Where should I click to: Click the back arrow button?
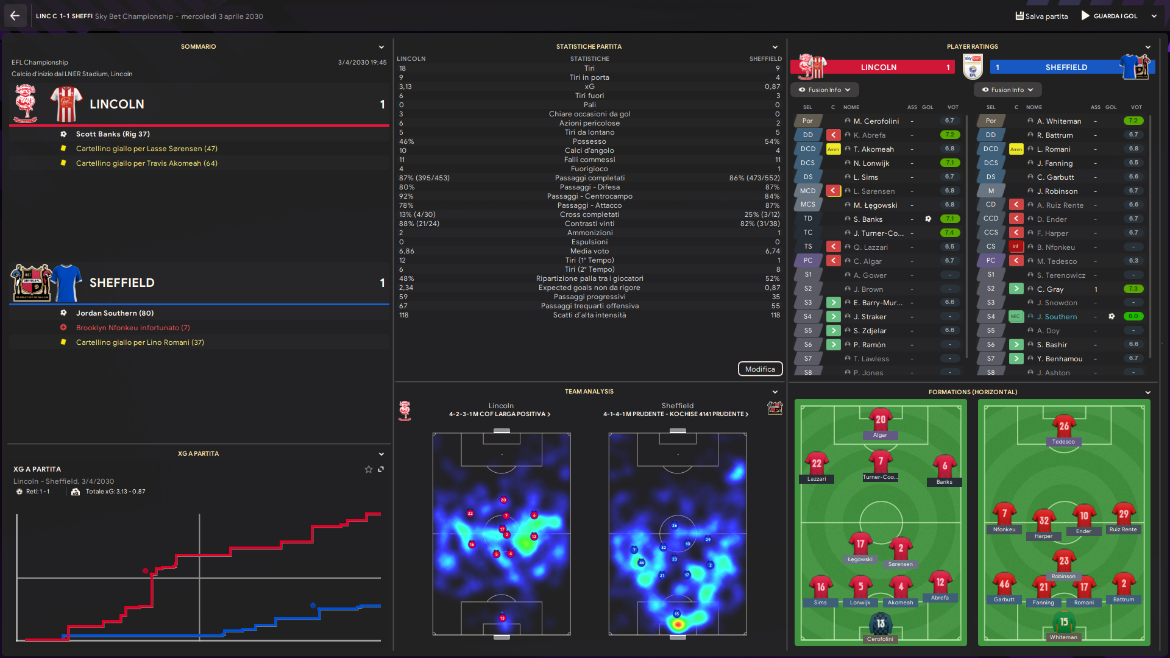(x=15, y=16)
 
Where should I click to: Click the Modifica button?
(x=760, y=369)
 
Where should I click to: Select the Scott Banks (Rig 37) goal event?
(x=113, y=134)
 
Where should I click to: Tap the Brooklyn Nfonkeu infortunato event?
(x=133, y=328)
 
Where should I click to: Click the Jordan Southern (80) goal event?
(x=115, y=313)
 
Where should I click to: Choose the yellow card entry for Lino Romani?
(x=140, y=342)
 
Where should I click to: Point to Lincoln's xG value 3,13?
(x=405, y=87)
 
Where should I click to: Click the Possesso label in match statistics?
(x=589, y=141)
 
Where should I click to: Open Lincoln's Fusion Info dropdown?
(x=824, y=90)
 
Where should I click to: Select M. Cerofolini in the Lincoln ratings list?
(x=876, y=121)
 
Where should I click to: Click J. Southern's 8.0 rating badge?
(x=1133, y=316)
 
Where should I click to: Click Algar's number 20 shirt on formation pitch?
(x=881, y=420)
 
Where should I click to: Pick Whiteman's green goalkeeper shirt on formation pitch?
(x=1063, y=623)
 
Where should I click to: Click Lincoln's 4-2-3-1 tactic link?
(x=499, y=414)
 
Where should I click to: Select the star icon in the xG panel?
(x=368, y=469)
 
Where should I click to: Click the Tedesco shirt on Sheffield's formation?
(x=1063, y=426)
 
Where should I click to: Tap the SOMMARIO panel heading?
(x=198, y=47)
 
